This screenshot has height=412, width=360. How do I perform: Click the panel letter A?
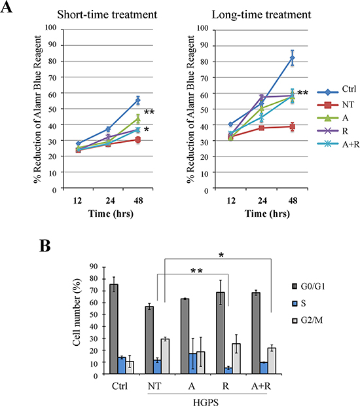point(7,7)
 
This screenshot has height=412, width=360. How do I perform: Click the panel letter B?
point(45,246)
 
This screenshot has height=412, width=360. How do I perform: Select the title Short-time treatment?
point(107,14)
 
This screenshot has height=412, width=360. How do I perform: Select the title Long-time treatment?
point(261,14)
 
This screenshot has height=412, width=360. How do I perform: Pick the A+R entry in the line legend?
point(338,143)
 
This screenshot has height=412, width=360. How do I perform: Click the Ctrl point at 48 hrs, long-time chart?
point(292,58)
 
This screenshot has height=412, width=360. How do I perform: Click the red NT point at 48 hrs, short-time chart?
point(138,140)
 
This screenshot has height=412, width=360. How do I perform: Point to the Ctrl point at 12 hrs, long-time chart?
point(230,124)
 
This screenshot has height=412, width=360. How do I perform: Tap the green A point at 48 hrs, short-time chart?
point(138,119)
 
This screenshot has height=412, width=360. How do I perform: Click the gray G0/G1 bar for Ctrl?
point(114,329)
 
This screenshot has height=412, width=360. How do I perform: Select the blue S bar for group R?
point(228,371)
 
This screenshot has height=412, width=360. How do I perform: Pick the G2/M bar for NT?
point(165,356)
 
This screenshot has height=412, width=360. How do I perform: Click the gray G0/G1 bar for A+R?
point(256,333)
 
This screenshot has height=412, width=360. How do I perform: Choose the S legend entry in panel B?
point(299,303)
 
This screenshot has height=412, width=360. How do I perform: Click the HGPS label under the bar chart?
point(206,403)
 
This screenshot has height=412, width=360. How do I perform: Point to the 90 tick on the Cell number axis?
point(93,267)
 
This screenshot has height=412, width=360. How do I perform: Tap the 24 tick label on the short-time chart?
point(110,200)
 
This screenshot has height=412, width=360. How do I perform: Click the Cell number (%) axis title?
point(77,312)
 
